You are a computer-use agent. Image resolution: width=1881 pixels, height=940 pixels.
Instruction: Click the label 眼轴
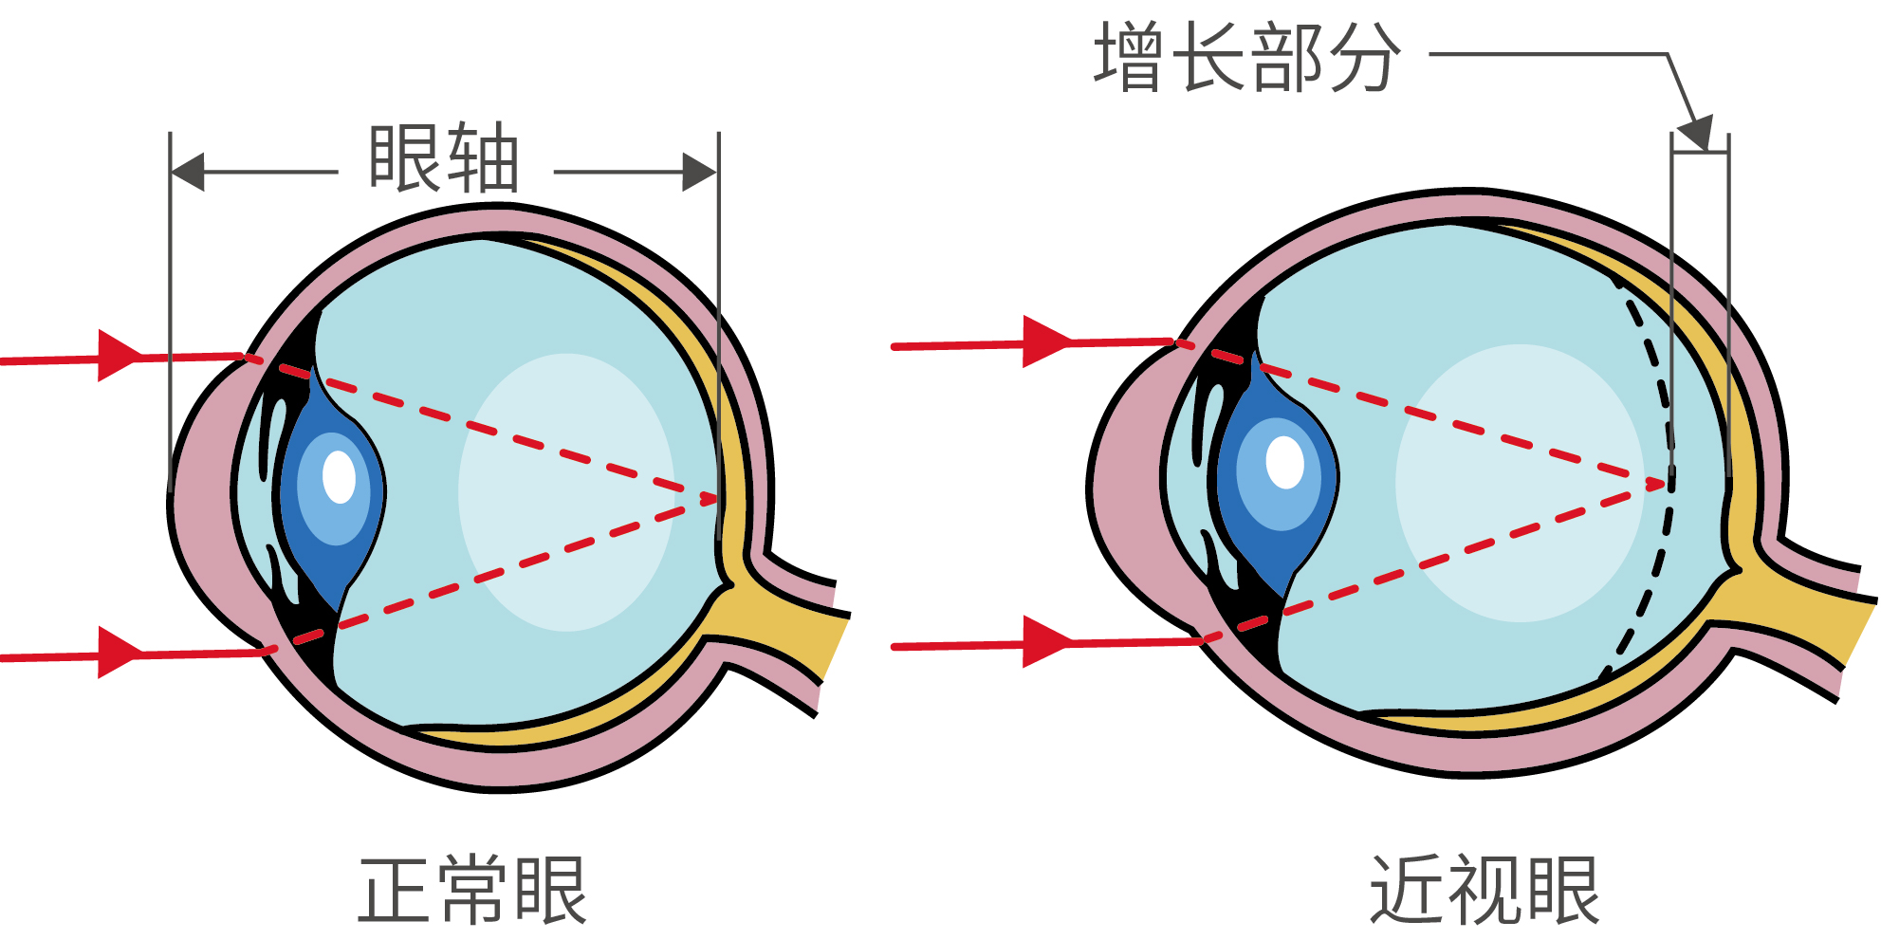click(x=444, y=158)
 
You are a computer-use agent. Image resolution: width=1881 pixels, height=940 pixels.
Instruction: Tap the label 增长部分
click(x=1246, y=58)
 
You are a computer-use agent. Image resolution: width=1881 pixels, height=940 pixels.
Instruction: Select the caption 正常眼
click(x=472, y=891)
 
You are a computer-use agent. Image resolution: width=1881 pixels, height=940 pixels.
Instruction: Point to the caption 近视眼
click(x=1485, y=891)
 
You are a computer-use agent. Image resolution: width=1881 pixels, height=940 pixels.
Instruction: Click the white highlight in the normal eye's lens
click(x=339, y=476)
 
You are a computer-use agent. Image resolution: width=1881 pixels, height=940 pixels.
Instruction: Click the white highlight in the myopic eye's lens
click(x=1284, y=462)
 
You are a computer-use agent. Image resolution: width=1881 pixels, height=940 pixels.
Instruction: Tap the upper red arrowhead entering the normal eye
click(x=118, y=357)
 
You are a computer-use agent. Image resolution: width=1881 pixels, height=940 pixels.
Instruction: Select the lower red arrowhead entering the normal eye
click(x=118, y=653)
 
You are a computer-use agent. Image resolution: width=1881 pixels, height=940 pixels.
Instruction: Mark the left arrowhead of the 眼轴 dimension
click(x=188, y=173)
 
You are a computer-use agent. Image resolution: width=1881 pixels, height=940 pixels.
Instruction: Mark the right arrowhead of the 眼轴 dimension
click(x=699, y=173)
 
